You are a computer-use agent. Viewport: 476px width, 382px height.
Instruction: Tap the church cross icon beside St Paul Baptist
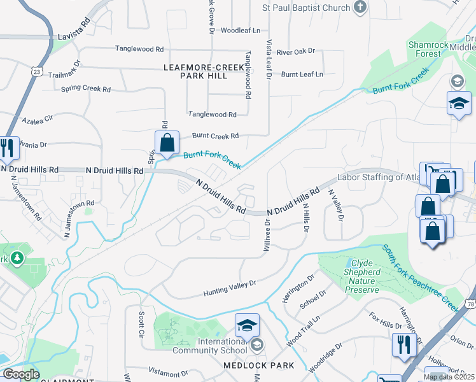[x=361, y=8]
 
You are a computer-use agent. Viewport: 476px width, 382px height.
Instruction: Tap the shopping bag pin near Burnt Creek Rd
[x=167, y=144]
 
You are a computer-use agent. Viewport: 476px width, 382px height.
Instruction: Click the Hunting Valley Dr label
[x=229, y=287]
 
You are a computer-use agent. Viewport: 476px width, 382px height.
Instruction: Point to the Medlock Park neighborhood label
[x=258, y=365]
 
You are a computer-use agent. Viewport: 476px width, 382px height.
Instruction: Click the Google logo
[x=20, y=374]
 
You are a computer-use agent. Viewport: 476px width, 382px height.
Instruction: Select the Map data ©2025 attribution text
[x=449, y=377]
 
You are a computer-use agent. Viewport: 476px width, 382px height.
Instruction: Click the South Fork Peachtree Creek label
[x=423, y=278]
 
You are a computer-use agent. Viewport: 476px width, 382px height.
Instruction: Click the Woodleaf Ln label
[x=241, y=30]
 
